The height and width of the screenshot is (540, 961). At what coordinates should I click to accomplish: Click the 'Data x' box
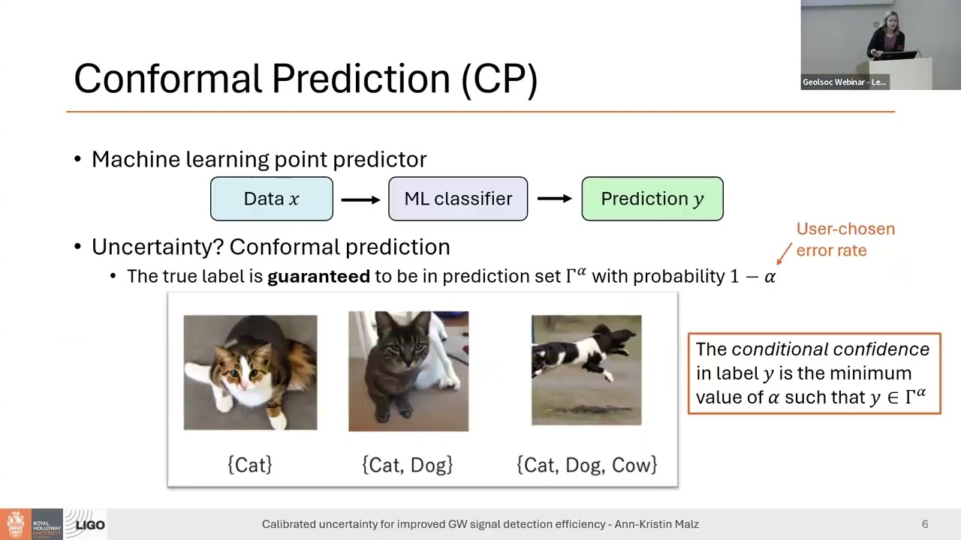pos(271,199)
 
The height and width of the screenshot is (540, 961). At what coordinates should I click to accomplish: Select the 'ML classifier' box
pos(458,199)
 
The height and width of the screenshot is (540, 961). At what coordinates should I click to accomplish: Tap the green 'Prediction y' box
pos(652,199)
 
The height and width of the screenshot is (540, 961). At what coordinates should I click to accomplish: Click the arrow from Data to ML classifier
pos(360,199)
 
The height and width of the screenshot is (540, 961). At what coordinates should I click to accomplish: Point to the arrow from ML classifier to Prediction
pos(555,199)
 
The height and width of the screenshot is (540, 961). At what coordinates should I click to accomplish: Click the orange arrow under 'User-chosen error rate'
pos(783,252)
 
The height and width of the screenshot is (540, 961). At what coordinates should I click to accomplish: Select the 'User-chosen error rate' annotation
pos(845,239)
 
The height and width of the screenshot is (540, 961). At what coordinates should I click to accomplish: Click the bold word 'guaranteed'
pos(318,276)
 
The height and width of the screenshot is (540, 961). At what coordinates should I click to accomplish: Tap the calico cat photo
pos(250,372)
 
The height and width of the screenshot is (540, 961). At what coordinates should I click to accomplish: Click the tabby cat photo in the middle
pos(408,371)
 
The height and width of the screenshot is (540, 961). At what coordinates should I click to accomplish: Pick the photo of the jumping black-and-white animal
pos(586,370)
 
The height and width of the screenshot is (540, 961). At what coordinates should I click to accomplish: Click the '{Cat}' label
pos(249,465)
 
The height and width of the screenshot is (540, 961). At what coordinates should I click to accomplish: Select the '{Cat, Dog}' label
pos(408,465)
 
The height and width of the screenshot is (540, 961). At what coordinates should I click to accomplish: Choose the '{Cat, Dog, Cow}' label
pos(587,465)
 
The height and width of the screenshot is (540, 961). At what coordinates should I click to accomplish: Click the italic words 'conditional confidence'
pos(830,349)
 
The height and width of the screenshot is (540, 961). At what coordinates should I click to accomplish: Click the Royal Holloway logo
pos(30,524)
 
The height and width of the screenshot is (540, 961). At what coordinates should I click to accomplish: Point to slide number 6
pos(925,524)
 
